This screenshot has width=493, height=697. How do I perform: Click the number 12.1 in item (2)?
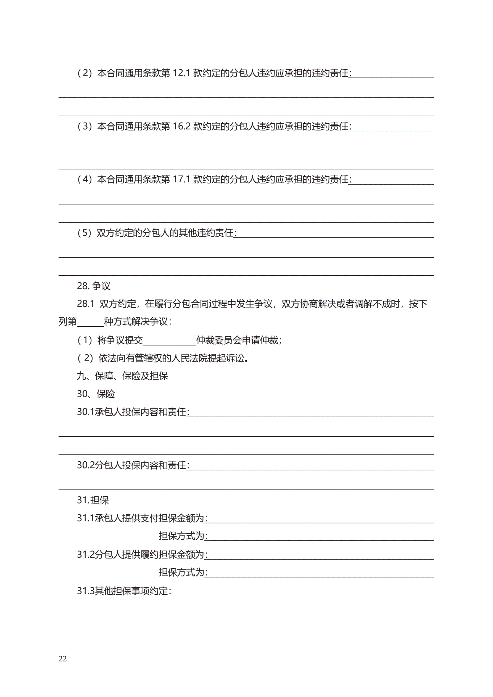tap(181, 73)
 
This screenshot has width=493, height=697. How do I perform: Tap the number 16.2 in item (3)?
tap(181, 126)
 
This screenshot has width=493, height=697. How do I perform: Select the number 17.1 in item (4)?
tap(181, 179)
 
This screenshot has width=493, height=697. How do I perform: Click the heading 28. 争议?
tap(93, 286)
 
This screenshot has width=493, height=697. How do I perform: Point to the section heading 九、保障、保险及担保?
tap(122, 376)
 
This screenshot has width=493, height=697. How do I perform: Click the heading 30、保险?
tap(96, 394)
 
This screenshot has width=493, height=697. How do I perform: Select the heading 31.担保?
tap(93, 500)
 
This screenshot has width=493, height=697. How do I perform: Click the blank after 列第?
tap(90, 322)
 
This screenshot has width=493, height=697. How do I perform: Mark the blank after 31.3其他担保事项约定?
tap(301, 592)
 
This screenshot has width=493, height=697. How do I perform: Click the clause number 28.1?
tap(86, 304)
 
